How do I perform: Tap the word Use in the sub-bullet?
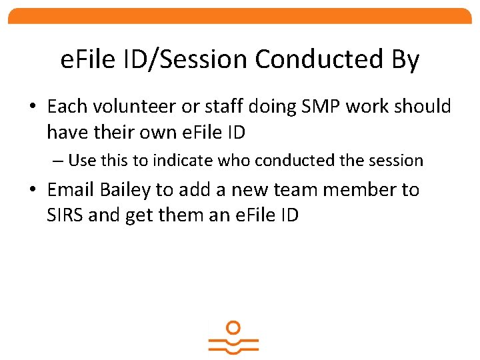[x=82, y=161]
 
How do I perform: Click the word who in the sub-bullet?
[x=237, y=161]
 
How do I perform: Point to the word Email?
[x=71, y=190]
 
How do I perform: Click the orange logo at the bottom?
[x=233, y=338]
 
